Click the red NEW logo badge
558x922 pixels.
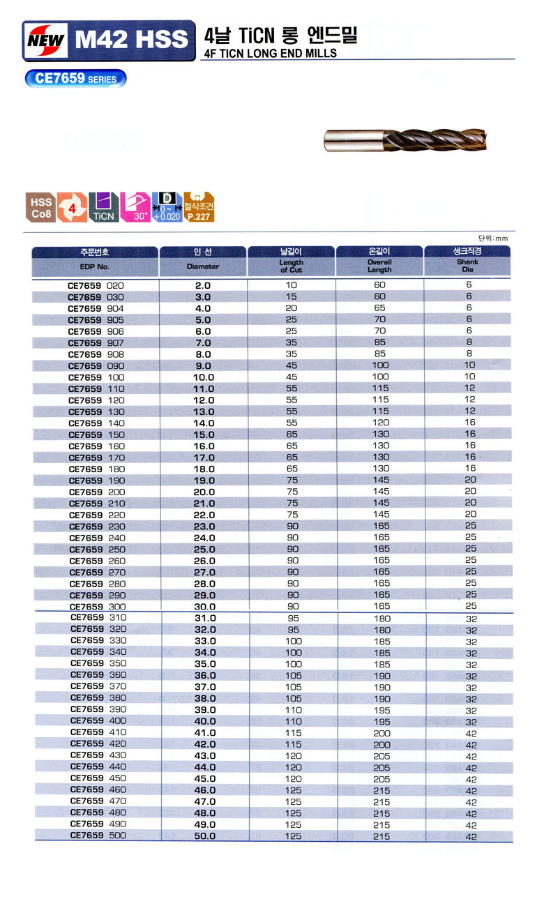[45, 40]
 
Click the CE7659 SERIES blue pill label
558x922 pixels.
[76, 79]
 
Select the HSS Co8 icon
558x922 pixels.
[40, 207]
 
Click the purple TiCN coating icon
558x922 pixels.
[103, 207]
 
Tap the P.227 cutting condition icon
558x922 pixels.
[199, 207]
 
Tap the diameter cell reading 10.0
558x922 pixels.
[203, 377]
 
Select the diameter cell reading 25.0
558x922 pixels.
[203, 550]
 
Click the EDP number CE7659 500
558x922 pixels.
[98, 836]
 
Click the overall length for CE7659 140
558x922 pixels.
[381, 423]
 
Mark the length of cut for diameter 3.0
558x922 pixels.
[291, 296]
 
